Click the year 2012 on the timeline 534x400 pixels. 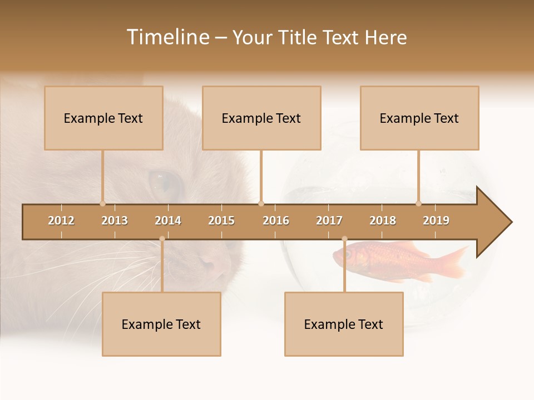coord(61,221)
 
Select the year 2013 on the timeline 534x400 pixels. coord(115,221)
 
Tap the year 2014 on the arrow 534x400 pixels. coord(168,221)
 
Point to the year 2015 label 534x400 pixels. coord(221,221)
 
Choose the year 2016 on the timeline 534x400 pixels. coord(276,221)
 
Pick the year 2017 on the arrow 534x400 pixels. coord(329,221)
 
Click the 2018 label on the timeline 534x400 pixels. coord(383,221)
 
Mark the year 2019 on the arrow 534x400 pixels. coord(436,221)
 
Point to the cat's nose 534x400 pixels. coord(214,261)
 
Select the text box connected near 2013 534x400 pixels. coord(103,118)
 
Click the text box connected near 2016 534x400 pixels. coord(261,118)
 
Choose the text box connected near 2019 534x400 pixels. coord(419,118)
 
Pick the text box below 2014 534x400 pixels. coord(161,324)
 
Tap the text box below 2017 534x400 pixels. coord(344,324)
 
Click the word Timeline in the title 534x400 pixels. coord(167,37)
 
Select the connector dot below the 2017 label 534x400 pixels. coord(344,239)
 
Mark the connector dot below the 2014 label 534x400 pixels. coord(162,239)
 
